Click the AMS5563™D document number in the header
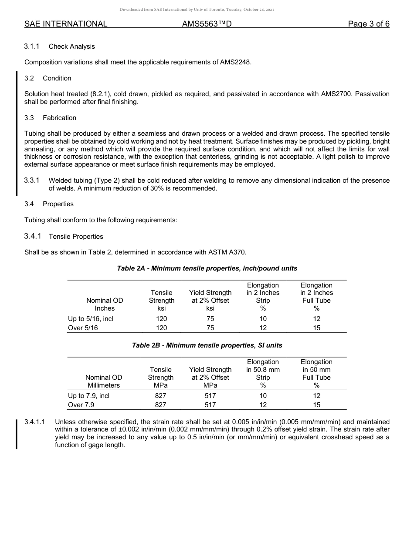(207, 24)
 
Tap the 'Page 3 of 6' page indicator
(368, 24)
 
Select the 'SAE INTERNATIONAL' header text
(66, 24)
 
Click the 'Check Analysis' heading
(71, 47)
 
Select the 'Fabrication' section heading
(59, 118)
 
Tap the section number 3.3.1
(32, 181)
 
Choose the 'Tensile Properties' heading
(76, 237)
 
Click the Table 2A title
(207, 268)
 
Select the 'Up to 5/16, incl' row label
(91, 319)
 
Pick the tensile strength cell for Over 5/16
(161, 328)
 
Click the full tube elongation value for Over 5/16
(316, 328)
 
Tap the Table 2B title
(207, 345)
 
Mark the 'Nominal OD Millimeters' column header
(104, 381)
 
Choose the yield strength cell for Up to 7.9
(210, 396)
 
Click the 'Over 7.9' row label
(81, 405)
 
